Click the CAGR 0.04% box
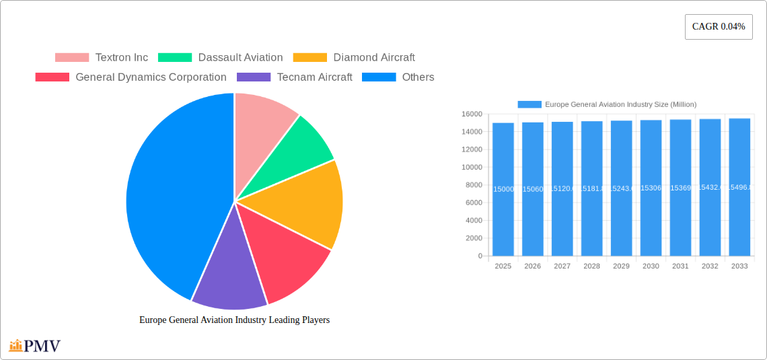(x=719, y=27)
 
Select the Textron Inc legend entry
(x=102, y=58)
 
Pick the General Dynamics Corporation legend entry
(x=131, y=77)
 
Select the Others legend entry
(x=398, y=77)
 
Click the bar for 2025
(x=503, y=189)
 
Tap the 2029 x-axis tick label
(x=621, y=266)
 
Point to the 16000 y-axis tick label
(x=472, y=114)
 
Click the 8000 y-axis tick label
(x=474, y=185)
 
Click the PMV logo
(x=35, y=346)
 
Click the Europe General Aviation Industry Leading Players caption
(x=234, y=320)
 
